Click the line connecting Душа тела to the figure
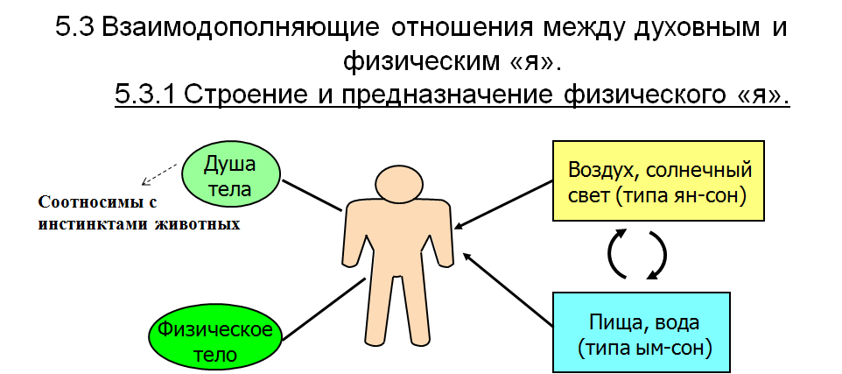312,194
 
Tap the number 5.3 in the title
74,27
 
